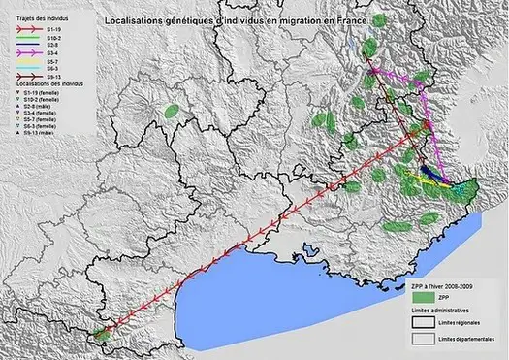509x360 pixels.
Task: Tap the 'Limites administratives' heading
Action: [x=441, y=311]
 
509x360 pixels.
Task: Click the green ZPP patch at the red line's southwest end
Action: [x=98, y=337]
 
